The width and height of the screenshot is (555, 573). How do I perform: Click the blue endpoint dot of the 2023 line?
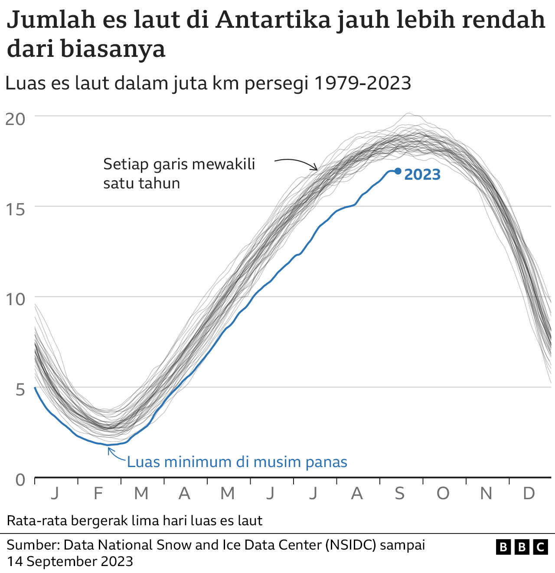[398, 171]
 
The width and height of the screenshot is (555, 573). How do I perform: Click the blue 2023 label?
[422, 175]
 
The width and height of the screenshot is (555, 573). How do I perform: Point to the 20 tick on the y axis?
[15, 118]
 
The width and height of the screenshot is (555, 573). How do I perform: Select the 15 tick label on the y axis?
[15, 209]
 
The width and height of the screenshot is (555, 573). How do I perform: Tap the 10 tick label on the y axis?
[15, 299]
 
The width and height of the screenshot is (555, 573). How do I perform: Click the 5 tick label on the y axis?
[20, 389]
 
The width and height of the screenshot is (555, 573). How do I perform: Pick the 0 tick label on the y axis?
[20, 480]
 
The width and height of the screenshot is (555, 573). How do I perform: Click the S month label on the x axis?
[399, 494]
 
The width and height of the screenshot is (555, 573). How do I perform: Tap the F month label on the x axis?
[98, 494]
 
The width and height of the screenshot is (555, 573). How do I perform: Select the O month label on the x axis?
[443, 494]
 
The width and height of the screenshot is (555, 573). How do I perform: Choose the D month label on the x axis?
[529, 494]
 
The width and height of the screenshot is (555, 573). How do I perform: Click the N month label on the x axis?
[486, 494]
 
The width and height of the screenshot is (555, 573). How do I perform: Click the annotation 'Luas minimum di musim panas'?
[237, 462]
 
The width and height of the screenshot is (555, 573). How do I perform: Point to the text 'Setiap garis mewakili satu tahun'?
[179, 174]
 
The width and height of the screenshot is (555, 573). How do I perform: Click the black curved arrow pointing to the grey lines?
[297, 162]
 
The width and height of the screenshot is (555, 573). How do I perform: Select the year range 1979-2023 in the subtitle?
[362, 83]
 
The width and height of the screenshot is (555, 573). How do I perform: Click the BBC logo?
[522, 547]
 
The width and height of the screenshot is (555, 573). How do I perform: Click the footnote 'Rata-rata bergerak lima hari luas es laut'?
[134, 520]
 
